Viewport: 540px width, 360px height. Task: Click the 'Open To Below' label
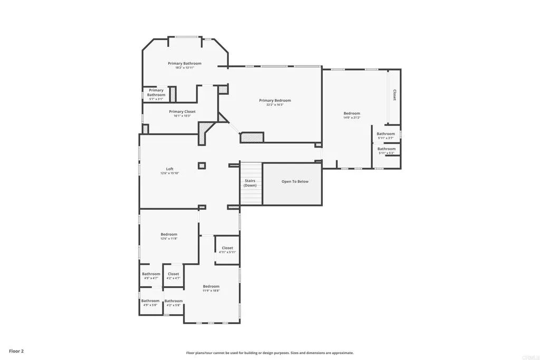pos(295,182)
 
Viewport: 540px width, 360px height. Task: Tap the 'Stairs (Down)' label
pos(250,183)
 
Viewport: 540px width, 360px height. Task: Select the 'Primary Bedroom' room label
pos(275,100)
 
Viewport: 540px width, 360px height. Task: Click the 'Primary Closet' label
pos(182,112)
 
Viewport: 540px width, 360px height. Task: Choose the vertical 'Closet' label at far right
pos(394,95)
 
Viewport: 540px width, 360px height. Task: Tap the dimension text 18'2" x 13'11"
pos(185,68)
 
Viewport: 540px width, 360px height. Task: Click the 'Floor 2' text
pos(16,351)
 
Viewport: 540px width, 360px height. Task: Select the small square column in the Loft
pos(201,166)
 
